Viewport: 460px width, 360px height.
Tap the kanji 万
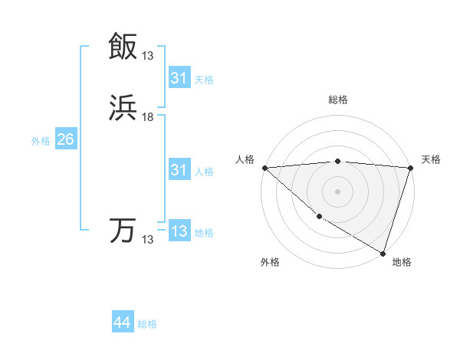[123, 231]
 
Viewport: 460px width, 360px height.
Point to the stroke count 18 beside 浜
[148, 117]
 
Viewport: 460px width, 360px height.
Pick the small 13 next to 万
[148, 240]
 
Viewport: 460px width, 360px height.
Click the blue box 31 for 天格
[179, 78]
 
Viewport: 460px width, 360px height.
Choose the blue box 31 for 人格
[179, 171]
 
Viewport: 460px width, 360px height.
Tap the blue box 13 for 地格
[179, 231]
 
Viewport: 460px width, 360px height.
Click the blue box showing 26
[65, 140]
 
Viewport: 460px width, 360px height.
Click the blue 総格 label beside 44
[147, 324]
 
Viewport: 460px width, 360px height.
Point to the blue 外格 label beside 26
[41, 141]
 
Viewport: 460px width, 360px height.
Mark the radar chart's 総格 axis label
[338, 100]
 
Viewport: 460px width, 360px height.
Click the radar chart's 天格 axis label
[432, 159]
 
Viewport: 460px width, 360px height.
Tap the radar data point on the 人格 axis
[264, 168]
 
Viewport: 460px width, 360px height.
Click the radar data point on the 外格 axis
[319, 217]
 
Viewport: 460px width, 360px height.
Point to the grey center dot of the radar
[338, 191]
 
